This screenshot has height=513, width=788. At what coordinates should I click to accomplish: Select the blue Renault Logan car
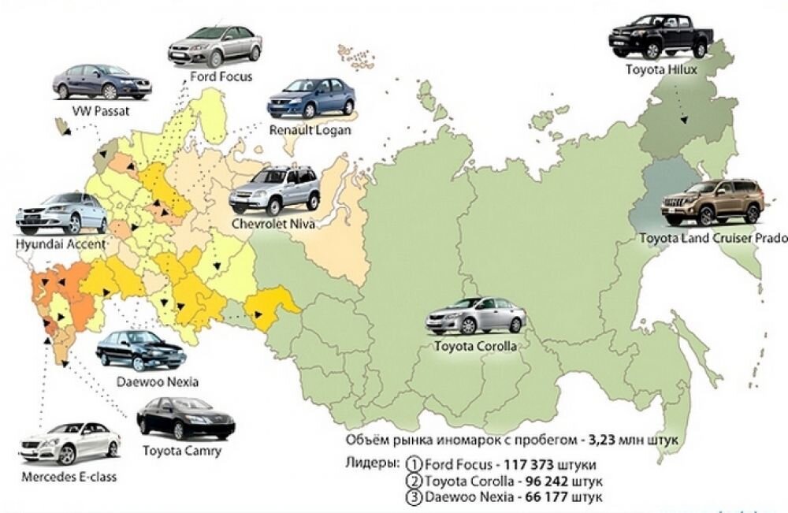(310, 98)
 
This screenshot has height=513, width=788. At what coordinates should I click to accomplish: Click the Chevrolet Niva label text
(273, 224)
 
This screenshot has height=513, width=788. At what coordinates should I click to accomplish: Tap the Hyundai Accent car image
(61, 214)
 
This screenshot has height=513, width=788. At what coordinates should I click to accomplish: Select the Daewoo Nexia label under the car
(157, 382)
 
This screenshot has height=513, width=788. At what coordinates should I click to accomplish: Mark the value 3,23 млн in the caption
(613, 440)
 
